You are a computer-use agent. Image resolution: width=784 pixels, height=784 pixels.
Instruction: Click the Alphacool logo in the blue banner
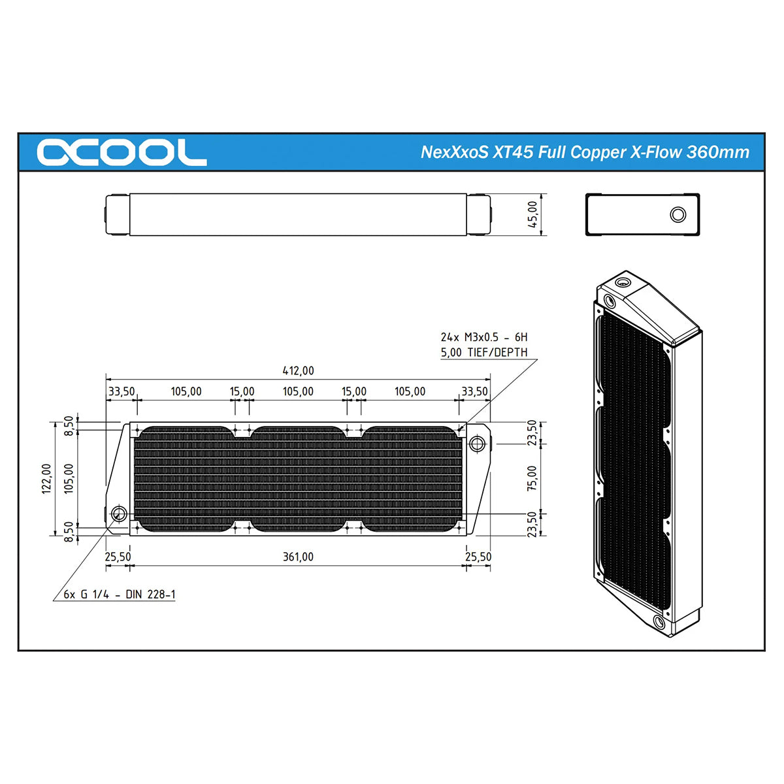pyautogui.click(x=122, y=153)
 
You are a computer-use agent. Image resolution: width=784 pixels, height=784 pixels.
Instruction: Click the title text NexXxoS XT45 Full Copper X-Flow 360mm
pyautogui.click(x=585, y=152)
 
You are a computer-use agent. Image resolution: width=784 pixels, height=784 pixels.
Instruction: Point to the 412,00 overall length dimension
pyautogui.click(x=298, y=370)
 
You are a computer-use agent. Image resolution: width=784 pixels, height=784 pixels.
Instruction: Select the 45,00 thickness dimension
pyautogui.click(x=533, y=214)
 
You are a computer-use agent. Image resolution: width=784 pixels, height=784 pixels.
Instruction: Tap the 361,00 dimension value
pyautogui.click(x=298, y=557)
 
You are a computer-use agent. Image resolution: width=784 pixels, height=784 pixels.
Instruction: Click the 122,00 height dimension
pyautogui.click(x=47, y=479)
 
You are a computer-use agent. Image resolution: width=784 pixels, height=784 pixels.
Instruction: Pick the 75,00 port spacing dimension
pyautogui.click(x=532, y=478)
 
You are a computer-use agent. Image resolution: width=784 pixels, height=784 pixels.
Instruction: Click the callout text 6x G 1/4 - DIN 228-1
pyautogui.click(x=119, y=595)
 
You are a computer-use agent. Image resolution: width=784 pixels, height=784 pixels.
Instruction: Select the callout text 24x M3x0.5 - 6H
pyautogui.click(x=483, y=337)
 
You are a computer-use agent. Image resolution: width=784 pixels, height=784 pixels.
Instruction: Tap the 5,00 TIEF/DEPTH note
pyautogui.click(x=483, y=352)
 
